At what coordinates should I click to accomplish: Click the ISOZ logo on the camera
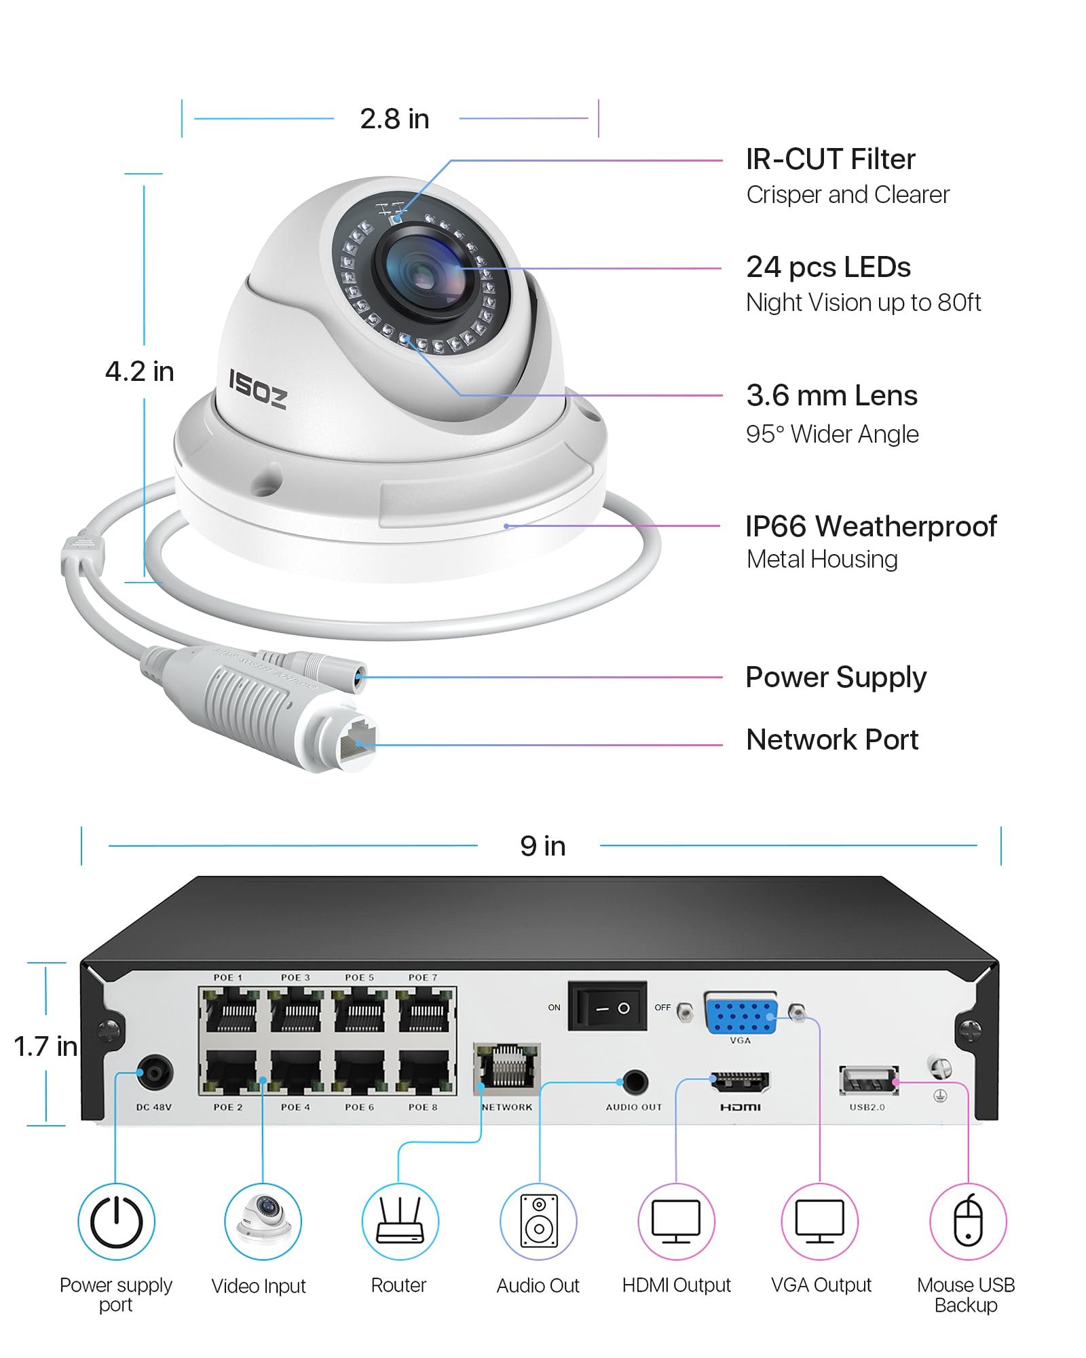tap(257, 389)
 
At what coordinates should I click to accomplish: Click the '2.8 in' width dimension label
tap(394, 119)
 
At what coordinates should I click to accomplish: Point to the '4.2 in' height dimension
tap(140, 371)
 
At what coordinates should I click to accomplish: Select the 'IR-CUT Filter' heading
tap(830, 160)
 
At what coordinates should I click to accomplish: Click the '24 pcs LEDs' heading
tap(828, 268)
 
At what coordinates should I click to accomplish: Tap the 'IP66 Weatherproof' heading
tap(871, 526)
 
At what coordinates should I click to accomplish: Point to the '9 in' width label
tap(542, 846)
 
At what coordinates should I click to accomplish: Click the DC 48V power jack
tap(155, 1073)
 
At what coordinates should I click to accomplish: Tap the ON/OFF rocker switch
tap(607, 1008)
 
